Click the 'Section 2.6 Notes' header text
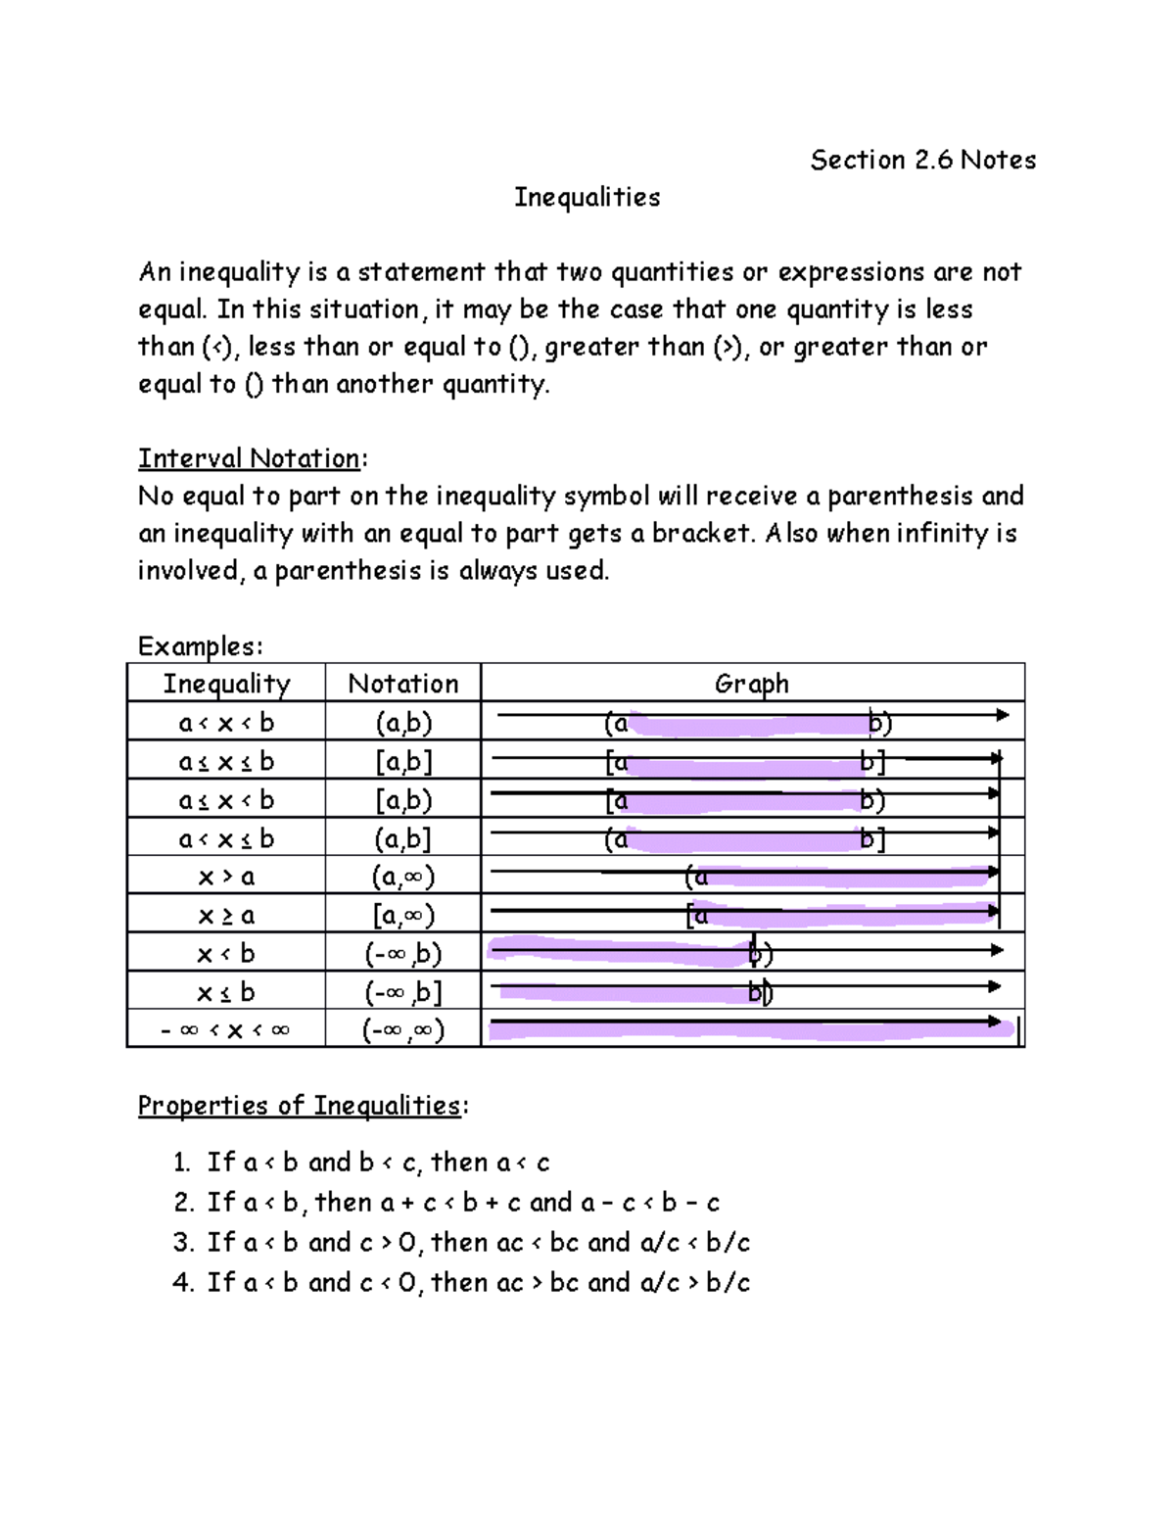click(922, 160)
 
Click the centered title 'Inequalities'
click(587, 197)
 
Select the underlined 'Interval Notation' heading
click(249, 458)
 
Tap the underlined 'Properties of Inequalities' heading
click(299, 1105)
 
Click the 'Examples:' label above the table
click(200, 646)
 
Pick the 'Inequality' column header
click(226, 684)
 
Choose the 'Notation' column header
click(402, 684)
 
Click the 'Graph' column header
click(751, 684)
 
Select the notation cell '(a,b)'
click(402, 723)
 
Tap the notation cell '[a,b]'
click(402, 761)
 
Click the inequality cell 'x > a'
click(226, 877)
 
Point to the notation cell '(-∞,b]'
click(402, 992)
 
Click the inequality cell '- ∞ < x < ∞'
click(226, 1030)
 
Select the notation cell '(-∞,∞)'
click(402, 1030)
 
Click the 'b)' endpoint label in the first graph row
click(879, 724)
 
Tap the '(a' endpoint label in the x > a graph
click(696, 877)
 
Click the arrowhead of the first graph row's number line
click(1002, 715)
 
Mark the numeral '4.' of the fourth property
click(183, 1282)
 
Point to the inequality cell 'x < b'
click(226, 954)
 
